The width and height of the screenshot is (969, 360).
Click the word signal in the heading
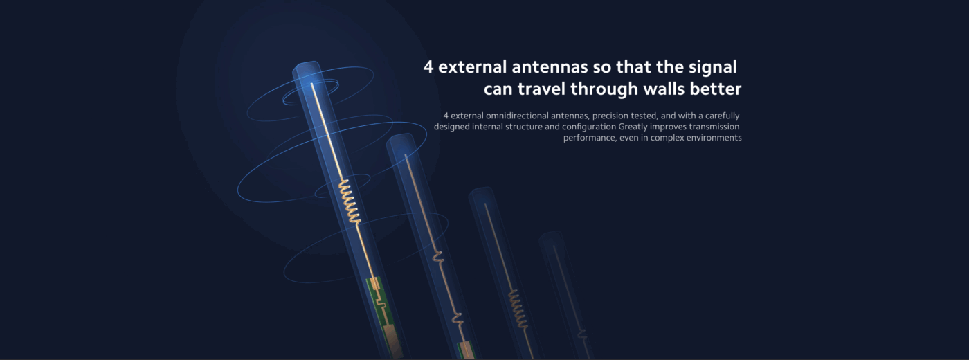tap(712, 68)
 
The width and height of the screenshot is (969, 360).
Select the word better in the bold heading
tap(716, 89)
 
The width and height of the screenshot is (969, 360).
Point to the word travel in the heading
tap(541, 89)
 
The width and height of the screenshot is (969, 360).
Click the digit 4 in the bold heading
tap(428, 67)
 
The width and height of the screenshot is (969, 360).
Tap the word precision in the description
tap(610, 116)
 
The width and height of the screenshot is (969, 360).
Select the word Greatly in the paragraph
tap(633, 127)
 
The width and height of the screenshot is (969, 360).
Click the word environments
tap(714, 138)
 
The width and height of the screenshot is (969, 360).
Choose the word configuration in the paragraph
tap(589, 127)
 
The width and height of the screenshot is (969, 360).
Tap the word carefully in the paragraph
tap(723, 116)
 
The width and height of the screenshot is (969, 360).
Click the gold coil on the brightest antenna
tap(350, 202)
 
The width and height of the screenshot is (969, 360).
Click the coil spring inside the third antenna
tap(518, 309)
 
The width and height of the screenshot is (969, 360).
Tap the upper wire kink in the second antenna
tap(437, 257)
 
